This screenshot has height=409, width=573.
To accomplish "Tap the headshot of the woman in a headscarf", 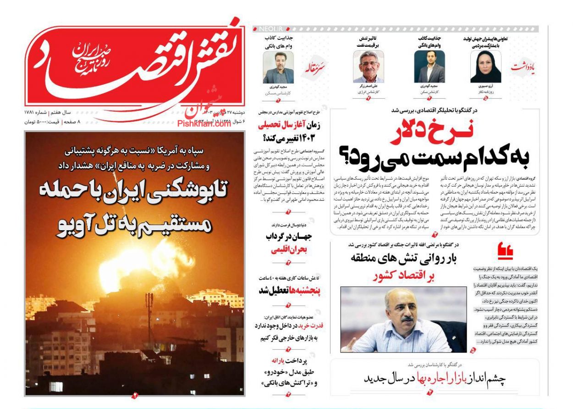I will tap(485, 66).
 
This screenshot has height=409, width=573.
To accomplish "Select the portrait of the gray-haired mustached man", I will tap(368, 66).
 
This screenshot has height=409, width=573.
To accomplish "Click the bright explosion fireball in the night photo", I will tap(138, 261).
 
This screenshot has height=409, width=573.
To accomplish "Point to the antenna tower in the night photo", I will tap(149, 316).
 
